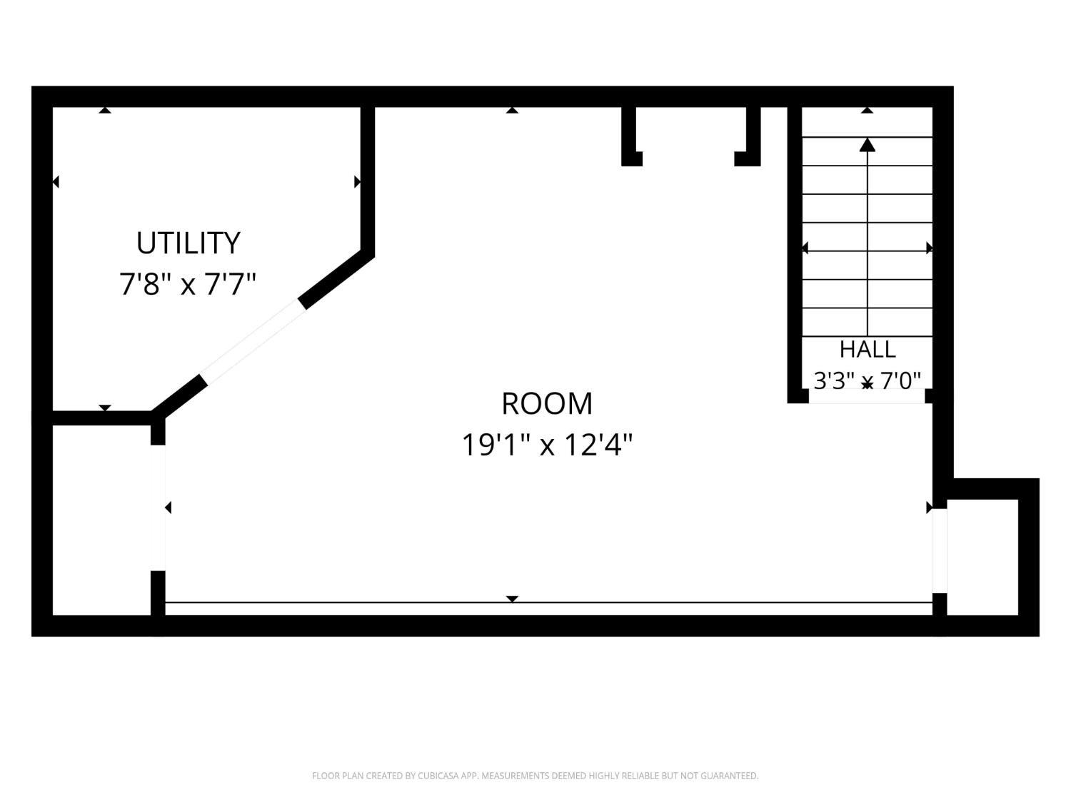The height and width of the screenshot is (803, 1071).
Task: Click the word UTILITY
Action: [x=188, y=243]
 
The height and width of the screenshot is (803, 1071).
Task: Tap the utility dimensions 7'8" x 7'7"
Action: [x=188, y=284]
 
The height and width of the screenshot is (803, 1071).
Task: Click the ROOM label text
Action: [x=547, y=404]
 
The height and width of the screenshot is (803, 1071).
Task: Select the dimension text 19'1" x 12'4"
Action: [x=547, y=445]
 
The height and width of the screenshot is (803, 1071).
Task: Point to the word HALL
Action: [x=867, y=349]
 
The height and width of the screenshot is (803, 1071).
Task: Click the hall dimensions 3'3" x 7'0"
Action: [x=867, y=380]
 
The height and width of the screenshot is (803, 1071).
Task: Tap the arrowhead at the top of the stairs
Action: [x=867, y=145]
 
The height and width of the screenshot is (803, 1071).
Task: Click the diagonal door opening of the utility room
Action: [x=253, y=341]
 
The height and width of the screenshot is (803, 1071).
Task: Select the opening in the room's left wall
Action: [x=158, y=507]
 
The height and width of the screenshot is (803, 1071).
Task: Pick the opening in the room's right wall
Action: [x=940, y=551]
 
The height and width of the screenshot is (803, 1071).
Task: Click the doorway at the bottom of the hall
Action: [x=867, y=396]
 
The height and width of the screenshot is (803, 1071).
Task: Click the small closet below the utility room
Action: [x=101, y=520]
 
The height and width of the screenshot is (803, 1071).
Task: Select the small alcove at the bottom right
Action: [x=982, y=557]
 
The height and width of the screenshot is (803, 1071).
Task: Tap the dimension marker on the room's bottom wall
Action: [x=512, y=599]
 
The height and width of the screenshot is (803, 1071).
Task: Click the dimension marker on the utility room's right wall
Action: [x=357, y=182]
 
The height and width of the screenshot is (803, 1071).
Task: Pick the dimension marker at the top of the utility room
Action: [x=105, y=110]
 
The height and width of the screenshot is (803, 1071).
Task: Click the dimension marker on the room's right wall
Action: [x=929, y=507]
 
